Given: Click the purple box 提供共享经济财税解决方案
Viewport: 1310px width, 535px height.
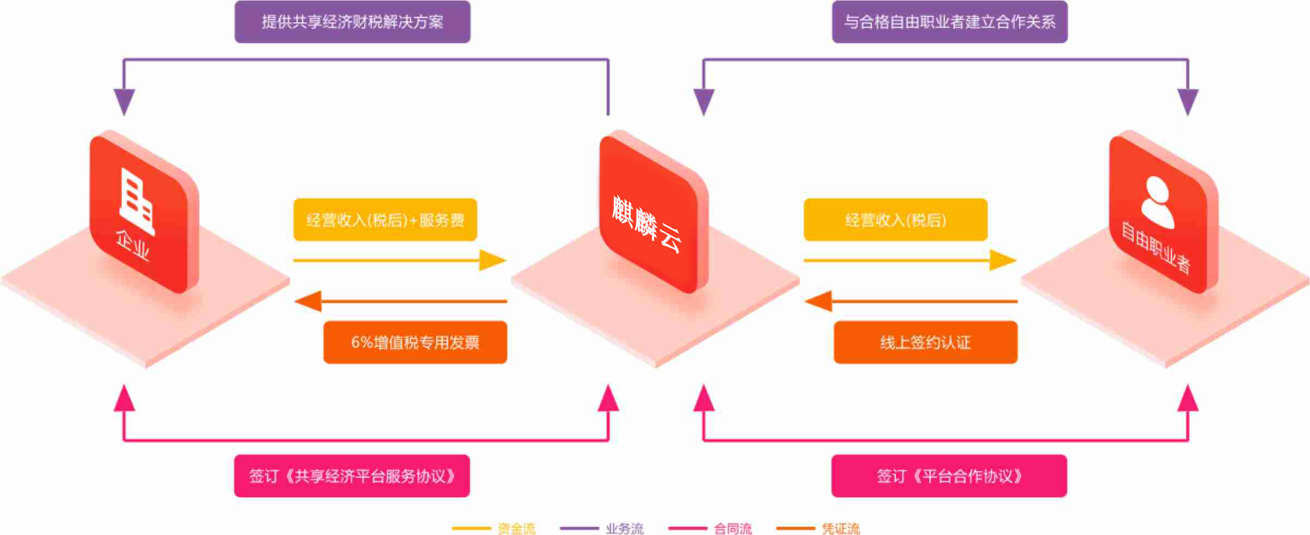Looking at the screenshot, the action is [x=352, y=22].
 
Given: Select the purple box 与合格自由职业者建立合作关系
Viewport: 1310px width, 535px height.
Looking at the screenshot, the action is [x=950, y=22].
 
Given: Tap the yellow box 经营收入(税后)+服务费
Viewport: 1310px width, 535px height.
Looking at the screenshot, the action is [x=385, y=220].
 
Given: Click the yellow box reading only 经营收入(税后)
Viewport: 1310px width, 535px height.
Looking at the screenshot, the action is [x=895, y=220].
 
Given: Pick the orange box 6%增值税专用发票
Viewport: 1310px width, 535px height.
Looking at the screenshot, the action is [x=415, y=342].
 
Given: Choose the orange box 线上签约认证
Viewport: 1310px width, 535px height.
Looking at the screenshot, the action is [x=925, y=342].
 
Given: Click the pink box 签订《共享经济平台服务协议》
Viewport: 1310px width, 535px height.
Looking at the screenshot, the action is [x=352, y=476].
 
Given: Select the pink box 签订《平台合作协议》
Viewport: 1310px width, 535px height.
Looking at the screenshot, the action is [x=949, y=476].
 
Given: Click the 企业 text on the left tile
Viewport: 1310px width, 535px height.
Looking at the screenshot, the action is [x=133, y=246].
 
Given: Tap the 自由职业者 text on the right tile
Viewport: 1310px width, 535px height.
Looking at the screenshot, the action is [x=1156, y=246].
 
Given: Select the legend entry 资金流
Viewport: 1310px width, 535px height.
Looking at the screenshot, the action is [x=516, y=528].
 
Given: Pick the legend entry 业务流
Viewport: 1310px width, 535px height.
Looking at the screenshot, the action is [x=625, y=528].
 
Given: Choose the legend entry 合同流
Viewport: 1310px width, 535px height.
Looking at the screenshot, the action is [x=733, y=528].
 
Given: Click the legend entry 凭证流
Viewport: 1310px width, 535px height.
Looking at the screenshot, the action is [x=841, y=528].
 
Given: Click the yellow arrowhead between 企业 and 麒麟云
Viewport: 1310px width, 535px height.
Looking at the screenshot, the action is [x=492, y=260].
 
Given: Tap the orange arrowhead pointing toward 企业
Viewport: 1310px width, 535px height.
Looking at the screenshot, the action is [x=308, y=301].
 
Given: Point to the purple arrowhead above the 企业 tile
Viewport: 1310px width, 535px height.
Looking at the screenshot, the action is [x=124, y=102].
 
